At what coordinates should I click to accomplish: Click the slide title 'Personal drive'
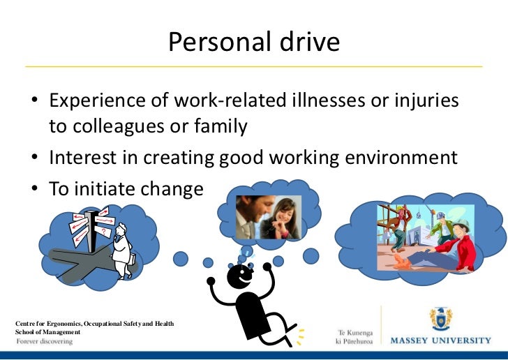(254, 43)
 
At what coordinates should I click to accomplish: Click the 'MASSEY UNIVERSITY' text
(440, 340)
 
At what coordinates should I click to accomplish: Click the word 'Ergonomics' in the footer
(63, 324)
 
